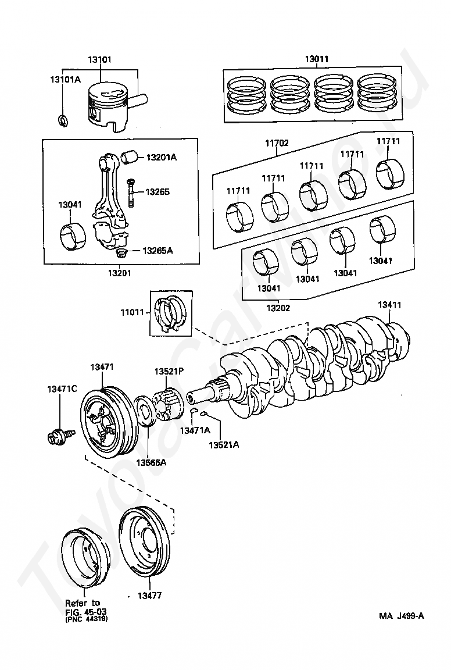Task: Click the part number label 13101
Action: point(99,60)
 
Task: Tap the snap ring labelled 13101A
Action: point(62,120)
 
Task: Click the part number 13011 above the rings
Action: point(317,60)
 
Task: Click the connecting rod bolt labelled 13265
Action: point(131,192)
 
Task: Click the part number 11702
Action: point(277,143)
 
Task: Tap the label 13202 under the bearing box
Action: point(278,308)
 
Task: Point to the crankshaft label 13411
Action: point(389,305)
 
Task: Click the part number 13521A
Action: point(224,444)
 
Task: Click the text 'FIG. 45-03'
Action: point(85,612)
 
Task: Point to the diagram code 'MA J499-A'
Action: point(402,616)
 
